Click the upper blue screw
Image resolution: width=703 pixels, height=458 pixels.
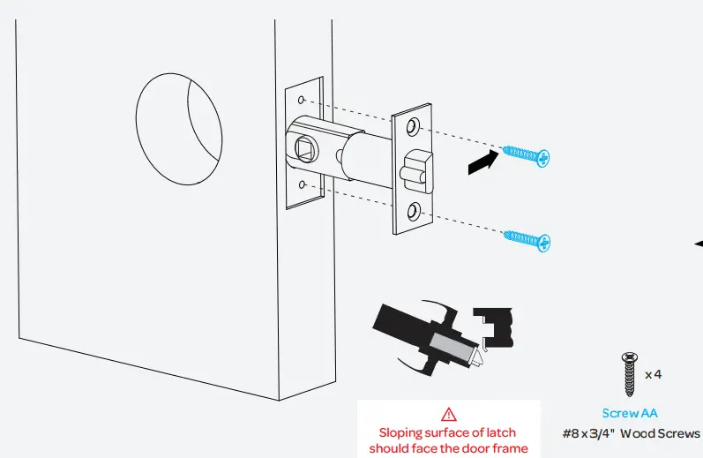point(527,156)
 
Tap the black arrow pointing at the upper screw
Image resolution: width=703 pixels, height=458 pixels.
point(482,163)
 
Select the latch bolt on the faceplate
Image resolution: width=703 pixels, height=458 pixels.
point(415,169)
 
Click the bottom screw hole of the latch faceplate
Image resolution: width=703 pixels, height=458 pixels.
point(414,210)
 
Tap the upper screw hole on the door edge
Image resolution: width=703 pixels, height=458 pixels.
point(302,101)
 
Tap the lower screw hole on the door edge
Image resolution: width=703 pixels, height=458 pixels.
point(302,185)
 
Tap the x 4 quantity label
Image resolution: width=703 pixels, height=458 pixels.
point(654,375)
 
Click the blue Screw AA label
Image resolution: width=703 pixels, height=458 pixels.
point(630,413)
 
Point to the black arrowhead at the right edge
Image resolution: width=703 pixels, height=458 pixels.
point(699,243)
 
